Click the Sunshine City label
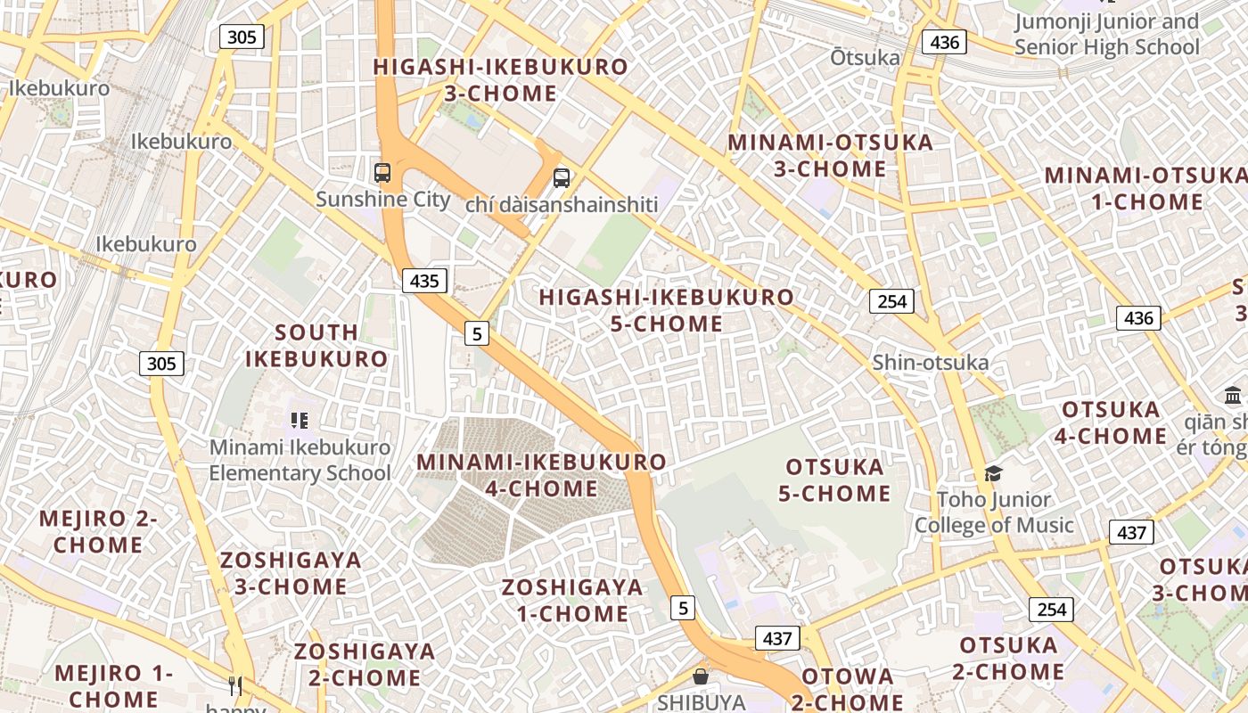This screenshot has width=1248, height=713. (383, 199)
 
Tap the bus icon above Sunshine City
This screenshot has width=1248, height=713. (382, 172)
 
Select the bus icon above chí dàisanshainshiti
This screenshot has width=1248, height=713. (561, 177)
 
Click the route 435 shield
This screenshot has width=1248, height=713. (424, 281)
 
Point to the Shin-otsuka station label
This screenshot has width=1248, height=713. (931, 362)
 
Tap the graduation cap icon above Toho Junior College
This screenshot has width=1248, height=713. (993, 473)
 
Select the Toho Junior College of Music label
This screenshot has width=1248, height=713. (994, 512)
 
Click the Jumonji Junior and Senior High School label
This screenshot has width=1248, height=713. (1107, 35)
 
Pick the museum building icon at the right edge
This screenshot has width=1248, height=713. (1233, 395)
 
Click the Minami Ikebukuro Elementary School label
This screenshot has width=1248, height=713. (300, 460)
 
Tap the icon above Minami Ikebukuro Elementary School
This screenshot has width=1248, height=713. (299, 420)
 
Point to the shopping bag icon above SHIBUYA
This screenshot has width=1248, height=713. (701, 676)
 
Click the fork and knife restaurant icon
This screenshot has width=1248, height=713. (235, 685)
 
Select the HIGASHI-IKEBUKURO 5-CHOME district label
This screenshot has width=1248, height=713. (667, 310)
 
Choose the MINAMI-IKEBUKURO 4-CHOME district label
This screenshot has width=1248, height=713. (542, 475)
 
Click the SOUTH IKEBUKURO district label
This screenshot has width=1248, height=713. (316, 346)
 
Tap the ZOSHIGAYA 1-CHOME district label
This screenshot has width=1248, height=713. (572, 600)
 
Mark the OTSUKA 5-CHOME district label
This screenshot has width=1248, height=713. (834, 480)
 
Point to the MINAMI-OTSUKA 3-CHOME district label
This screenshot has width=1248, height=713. (830, 155)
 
